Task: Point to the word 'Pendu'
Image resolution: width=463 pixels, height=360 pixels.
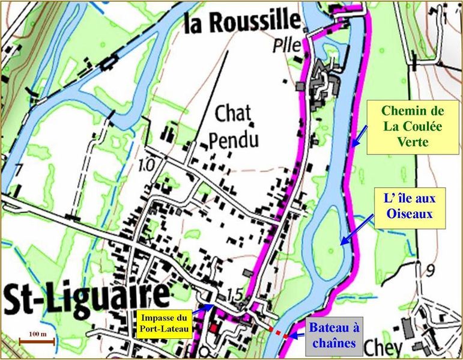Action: tap(234, 140)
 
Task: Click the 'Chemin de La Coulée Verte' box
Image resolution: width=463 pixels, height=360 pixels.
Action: tap(405, 127)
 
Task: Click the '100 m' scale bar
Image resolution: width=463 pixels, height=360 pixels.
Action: tap(37, 340)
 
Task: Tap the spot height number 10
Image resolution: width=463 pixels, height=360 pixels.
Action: tap(146, 163)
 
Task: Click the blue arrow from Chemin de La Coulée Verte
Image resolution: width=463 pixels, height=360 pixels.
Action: tap(359, 138)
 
